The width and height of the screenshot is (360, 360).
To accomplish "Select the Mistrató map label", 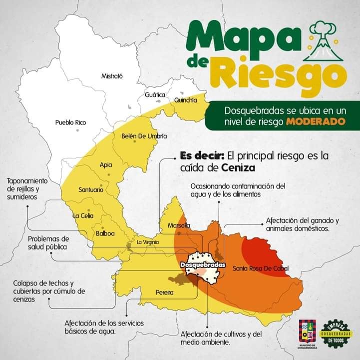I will point(112,76).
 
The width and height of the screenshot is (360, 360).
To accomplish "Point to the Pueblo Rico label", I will point(71,122).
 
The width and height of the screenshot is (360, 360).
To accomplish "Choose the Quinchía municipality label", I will point(186,100).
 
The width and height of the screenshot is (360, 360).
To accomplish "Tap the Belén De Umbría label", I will point(144,136).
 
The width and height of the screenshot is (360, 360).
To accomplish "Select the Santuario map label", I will point(91,190).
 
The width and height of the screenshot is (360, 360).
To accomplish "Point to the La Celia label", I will point(83,216).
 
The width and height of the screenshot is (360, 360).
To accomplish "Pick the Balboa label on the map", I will point(106,233).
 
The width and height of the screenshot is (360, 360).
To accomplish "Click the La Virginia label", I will point(148,242).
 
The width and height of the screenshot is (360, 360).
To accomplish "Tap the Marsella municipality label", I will point(179,225).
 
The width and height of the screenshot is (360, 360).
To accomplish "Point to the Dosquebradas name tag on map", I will point(202,264).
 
